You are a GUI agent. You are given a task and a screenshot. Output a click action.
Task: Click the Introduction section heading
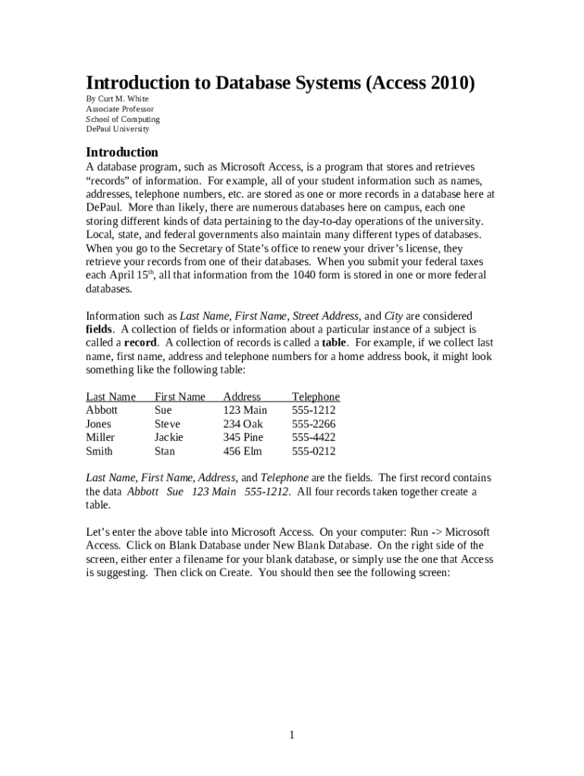[121, 152]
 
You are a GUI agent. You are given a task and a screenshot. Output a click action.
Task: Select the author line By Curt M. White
[117, 99]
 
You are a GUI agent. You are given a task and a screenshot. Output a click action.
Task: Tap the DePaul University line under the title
[117, 129]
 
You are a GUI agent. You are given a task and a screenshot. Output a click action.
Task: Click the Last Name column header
[111, 396]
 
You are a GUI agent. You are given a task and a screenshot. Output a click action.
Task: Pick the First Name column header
[180, 396]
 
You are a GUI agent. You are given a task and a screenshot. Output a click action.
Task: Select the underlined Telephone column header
[316, 396]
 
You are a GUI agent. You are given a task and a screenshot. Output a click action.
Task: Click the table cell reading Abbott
[102, 410]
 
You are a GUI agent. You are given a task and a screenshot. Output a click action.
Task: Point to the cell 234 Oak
[243, 424]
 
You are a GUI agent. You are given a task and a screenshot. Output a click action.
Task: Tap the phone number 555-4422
[313, 437]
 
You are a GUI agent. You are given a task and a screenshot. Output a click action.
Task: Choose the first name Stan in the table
[165, 451]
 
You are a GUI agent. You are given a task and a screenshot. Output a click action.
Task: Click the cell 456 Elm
[242, 451]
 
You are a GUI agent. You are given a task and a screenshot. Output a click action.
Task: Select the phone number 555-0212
[313, 451]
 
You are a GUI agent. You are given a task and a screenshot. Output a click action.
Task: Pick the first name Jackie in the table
[168, 437]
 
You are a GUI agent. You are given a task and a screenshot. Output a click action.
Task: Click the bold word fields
[99, 329]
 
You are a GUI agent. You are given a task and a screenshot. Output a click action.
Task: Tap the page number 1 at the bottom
[291, 735]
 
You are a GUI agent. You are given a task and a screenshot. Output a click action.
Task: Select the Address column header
[242, 396]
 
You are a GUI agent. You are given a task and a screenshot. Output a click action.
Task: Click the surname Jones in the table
[99, 424]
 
